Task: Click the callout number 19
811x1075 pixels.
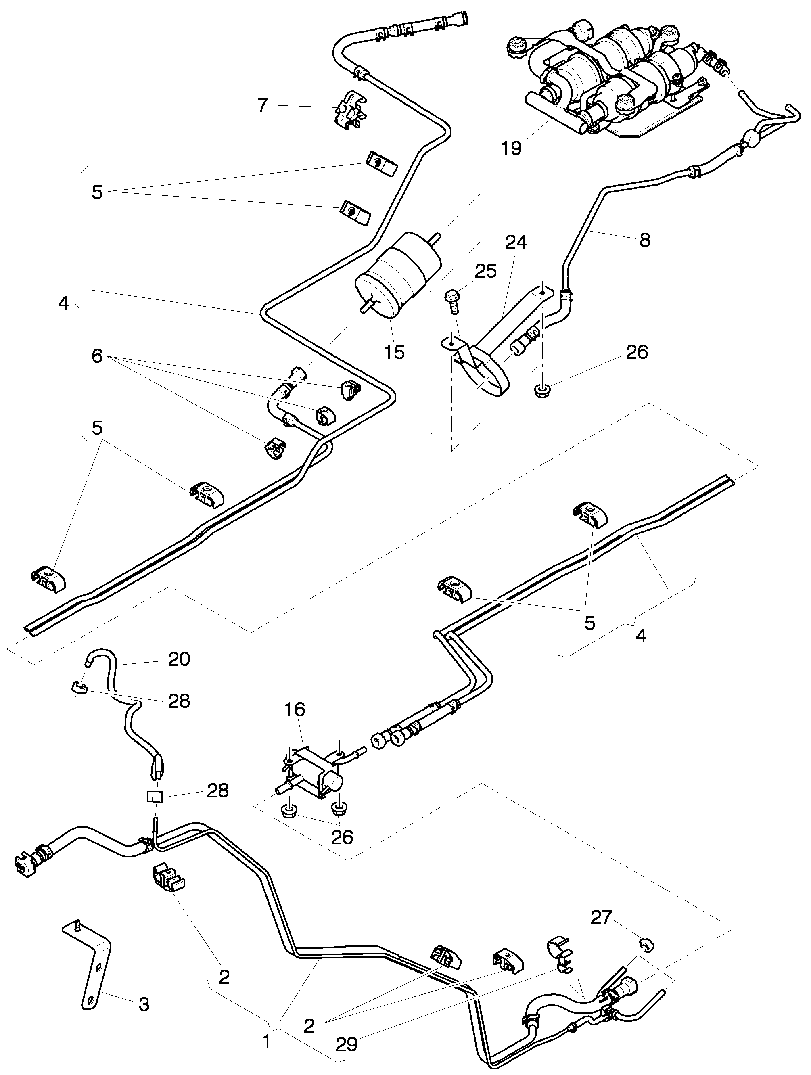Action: pyautogui.click(x=512, y=147)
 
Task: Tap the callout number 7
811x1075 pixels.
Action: pyautogui.click(x=263, y=105)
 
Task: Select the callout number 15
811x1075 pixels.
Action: pyautogui.click(x=394, y=352)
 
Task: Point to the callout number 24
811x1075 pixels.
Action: pyautogui.click(x=516, y=242)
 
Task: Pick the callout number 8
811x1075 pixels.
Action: pyautogui.click(x=645, y=240)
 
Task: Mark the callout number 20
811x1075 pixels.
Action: pyautogui.click(x=179, y=659)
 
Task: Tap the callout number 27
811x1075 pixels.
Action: pyautogui.click(x=602, y=918)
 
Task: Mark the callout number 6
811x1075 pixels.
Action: pyautogui.click(x=97, y=357)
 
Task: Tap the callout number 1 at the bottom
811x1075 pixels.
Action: pyautogui.click(x=266, y=1041)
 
